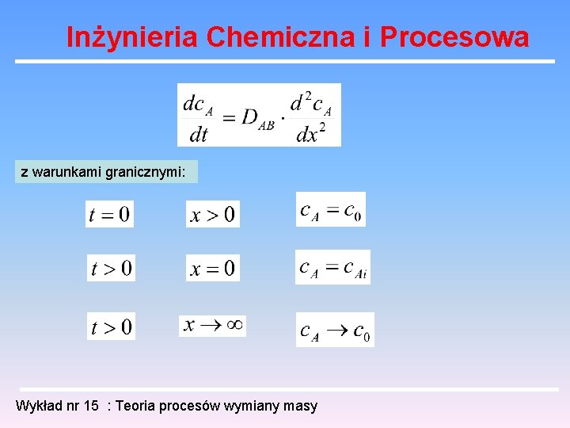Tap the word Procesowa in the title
pyautogui.click(x=454, y=37)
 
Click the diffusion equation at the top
pyautogui.click(x=259, y=115)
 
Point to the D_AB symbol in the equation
pyautogui.click(x=257, y=119)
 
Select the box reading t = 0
pyautogui.click(x=109, y=214)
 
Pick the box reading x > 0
pyautogui.click(x=212, y=214)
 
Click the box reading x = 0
pyautogui.click(x=212, y=269)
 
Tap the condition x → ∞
pyautogui.click(x=212, y=325)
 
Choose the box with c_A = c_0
pyautogui.click(x=330, y=210)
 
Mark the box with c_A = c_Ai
pyautogui.click(x=332, y=268)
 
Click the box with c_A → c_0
pyautogui.click(x=334, y=330)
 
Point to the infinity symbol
pyautogui.click(x=234, y=325)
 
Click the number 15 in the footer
pyautogui.click(x=92, y=407)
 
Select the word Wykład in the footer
pyautogui.click(x=36, y=407)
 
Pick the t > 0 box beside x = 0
pyautogui.click(x=111, y=269)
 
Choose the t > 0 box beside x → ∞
pyautogui.click(x=111, y=327)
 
